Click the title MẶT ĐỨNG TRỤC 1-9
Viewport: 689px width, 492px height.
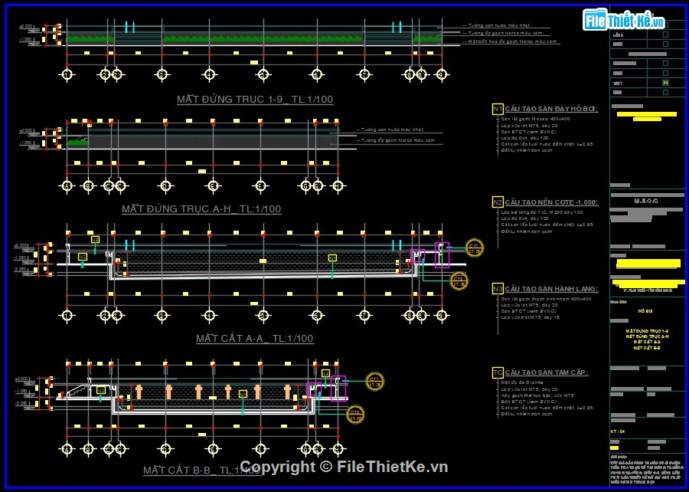coord(254,100)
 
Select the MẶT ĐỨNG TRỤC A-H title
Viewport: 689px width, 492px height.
coord(201,208)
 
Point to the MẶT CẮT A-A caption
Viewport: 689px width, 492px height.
coord(254,338)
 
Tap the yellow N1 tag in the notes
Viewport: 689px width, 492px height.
coord(498,109)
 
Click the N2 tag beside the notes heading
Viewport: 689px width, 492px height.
coord(498,202)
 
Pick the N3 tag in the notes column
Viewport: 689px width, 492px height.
coord(498,289)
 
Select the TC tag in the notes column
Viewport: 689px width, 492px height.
coord(498,372)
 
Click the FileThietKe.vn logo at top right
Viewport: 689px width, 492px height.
coord(623,20)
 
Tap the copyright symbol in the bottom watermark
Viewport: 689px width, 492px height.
coord(325,467)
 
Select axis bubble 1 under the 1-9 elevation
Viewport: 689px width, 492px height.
coord(67,74)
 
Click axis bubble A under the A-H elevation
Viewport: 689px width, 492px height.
coord(67,185)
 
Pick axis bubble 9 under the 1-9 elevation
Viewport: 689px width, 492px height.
coord(441,74)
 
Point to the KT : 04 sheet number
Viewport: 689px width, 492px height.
coord(619,431)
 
